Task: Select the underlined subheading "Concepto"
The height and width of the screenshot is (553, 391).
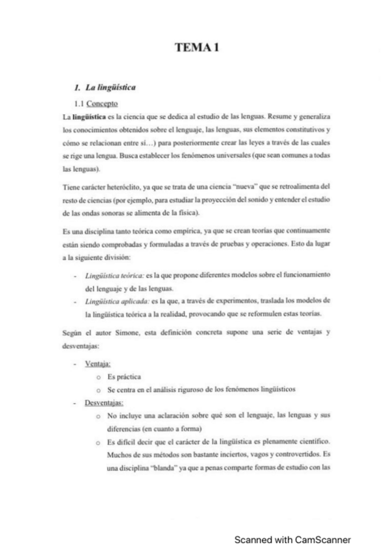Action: (102, 103)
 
